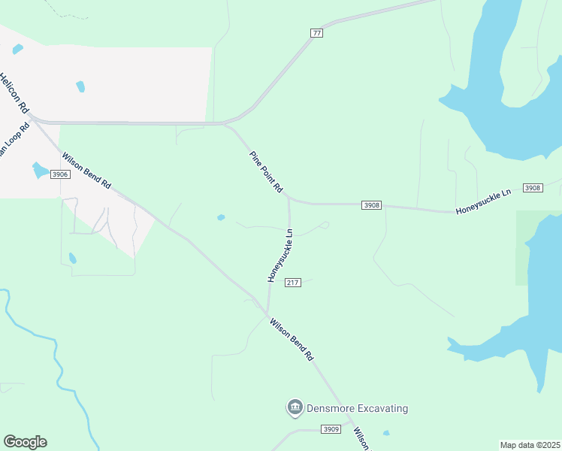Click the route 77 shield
316,32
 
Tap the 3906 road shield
60,174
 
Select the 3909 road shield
331,429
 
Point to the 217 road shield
293,283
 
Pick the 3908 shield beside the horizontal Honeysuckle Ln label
532,188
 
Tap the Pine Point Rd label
266,171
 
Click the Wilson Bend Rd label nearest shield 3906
86,172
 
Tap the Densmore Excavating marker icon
295,408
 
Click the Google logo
25,442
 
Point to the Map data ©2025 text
530,445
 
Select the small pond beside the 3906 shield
39,170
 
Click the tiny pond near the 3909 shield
386,433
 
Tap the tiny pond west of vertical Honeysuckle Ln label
221,218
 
